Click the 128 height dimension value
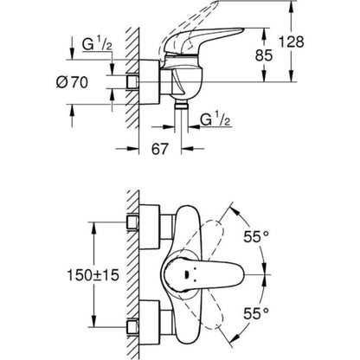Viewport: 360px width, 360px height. click(337, 41)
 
